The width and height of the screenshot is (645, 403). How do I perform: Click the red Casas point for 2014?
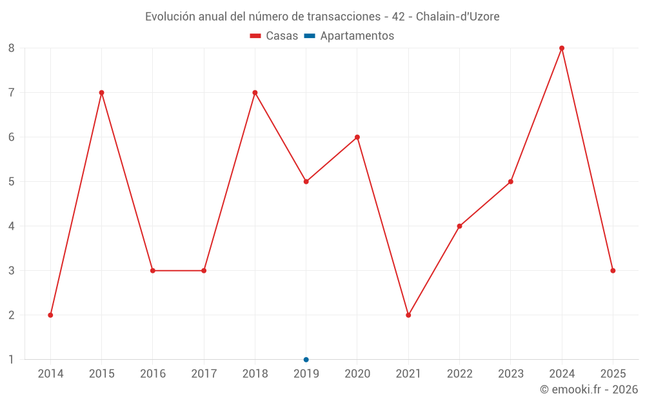pyautogui.click(x=50, y=315)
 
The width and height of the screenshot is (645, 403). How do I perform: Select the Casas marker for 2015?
pyautogui.click(x=101, y=93)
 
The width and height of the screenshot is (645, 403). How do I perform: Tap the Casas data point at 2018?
pyautogui.click(x=255, y=93)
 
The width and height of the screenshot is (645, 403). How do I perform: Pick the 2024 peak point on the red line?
pyautogui.click(x=562, y=48)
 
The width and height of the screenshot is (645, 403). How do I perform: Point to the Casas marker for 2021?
pyautogui.click(x=408, y=315)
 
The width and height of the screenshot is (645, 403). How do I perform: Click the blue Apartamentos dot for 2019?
pyautogui.click(x=306, y=360)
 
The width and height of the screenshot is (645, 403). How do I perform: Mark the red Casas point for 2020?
pyautogui.click(x=357, y=137)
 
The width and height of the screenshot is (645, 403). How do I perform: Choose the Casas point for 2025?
pyautogui.click(x=613, y=271)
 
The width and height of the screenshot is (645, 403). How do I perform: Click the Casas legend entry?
pyautogui.click(x=274, y=36)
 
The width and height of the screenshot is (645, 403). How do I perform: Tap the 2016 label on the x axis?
pyautogui.click(x=153, y=374)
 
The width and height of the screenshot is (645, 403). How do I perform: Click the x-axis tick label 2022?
pyautogui.click(x=459, y=374)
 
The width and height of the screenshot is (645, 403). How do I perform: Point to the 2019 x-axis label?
pyautogui.click(x=306, y=374)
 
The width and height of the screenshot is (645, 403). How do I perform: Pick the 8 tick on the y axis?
pyautogui.click(x=12, y=48)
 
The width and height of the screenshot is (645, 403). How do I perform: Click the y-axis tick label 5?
pyautogui.click(x=12, y=182)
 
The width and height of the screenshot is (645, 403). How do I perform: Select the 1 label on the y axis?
pyautogui.click(x=12, y=360)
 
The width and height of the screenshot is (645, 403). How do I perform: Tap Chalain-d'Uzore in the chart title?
pyautogui.click(x=457, y=17)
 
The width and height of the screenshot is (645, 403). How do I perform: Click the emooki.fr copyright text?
pyautogui.click(x=589, y=389)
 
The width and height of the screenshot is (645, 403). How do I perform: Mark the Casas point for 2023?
pyautogui.click(x=511, y=182)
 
